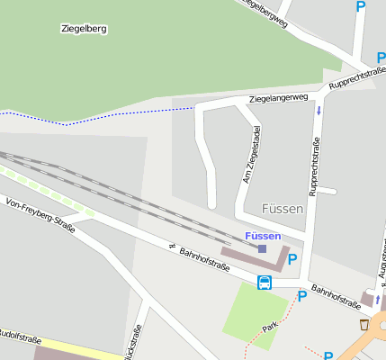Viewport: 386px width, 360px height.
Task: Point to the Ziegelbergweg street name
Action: [x=266, y=13]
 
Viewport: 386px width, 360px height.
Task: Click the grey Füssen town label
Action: [x=283, y=209]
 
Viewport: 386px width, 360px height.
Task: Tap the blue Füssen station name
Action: [x=263, y=236]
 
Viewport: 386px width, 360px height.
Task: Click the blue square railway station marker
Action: [x=263, y=248]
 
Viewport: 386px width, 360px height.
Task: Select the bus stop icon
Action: [x=265, y=283]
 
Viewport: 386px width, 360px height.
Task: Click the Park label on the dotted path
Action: [x=270, y=327]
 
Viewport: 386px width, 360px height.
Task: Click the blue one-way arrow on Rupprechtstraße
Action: [x=319, y=111]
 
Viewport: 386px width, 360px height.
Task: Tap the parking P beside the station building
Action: [x=292, y=259]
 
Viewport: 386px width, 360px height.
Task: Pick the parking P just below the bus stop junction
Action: [x=302, y=295]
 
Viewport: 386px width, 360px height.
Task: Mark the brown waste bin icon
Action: [x=364, y=324]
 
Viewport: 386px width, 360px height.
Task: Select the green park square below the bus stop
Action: [x=255, y=311]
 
